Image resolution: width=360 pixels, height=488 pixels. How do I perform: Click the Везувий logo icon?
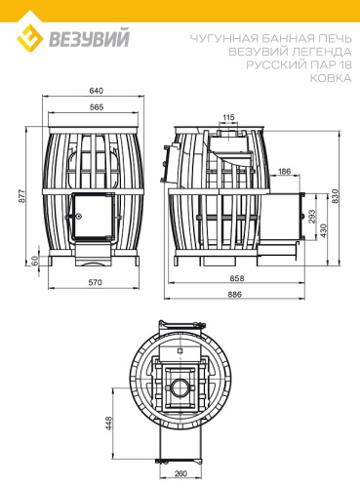pos(33,37)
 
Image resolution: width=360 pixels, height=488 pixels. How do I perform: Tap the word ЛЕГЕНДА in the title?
pos(314,51)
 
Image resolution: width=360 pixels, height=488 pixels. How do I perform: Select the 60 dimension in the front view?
pos(33,262)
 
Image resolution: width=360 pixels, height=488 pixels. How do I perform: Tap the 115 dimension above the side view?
pos(227,116)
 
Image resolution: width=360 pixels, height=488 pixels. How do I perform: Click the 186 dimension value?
pos(285,171)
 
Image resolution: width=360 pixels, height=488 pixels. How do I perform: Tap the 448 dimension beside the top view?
pos(107,423)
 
